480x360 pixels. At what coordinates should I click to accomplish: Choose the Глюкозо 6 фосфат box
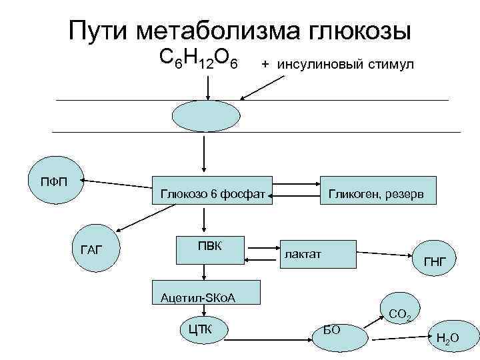(x=213, y=193)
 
